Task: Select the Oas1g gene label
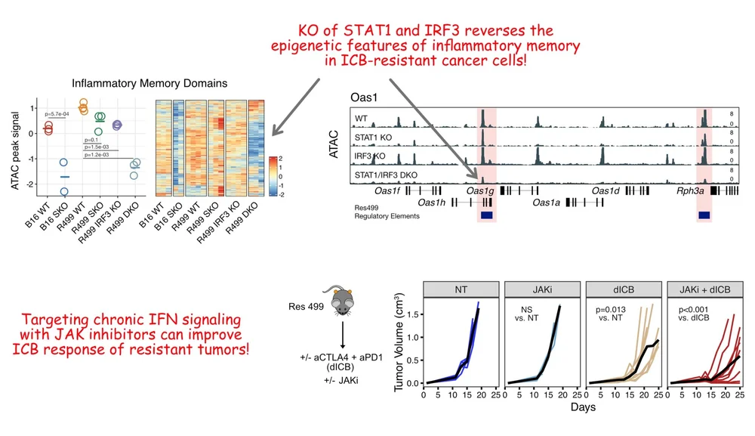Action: [x=480, y=191]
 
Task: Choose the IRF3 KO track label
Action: [x=370, y=155]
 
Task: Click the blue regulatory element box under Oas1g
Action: [x=486, y=215]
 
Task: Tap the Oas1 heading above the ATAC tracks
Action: [x=364, y=97]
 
